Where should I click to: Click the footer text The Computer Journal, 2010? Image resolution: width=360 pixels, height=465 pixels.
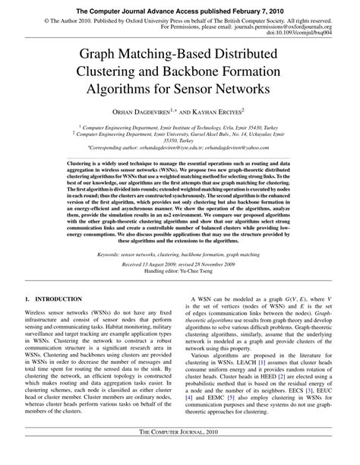tap(180, 454)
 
